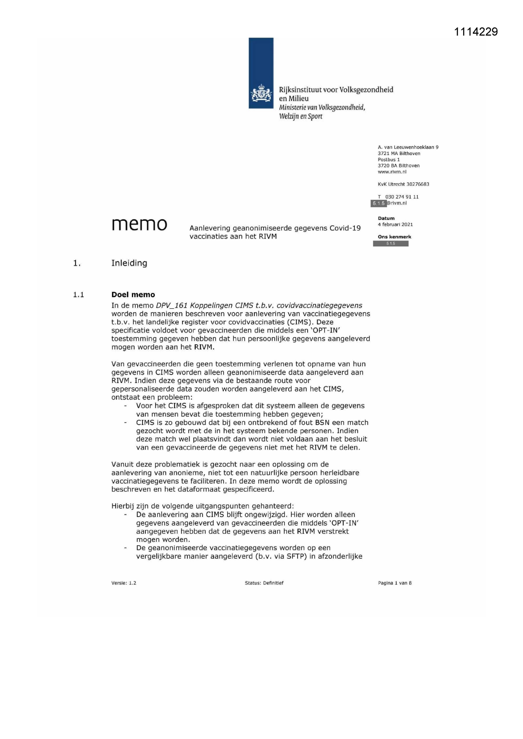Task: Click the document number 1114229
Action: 476,32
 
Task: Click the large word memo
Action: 139,224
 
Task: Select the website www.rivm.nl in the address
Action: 392,172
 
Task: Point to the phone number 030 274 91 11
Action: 402,197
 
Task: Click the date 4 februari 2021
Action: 395,225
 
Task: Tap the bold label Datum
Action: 386,218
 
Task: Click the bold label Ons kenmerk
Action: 394,237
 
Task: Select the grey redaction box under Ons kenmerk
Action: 391,244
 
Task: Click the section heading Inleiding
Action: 129,263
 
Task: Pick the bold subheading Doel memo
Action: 133,295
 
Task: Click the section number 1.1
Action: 78,295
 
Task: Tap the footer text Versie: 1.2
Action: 123,583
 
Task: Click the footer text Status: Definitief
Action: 264,583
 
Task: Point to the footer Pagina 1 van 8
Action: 394,583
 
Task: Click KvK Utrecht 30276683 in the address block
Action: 403,184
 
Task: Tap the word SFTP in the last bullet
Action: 295,556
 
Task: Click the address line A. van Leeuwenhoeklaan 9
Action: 408,147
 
